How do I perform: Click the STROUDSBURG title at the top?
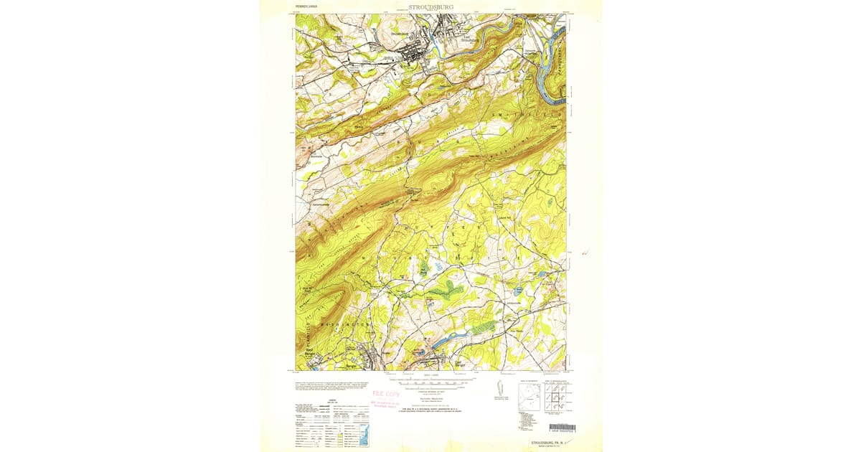430,8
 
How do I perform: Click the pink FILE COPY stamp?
385,394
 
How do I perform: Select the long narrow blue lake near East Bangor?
448,337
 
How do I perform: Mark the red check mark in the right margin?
588,253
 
